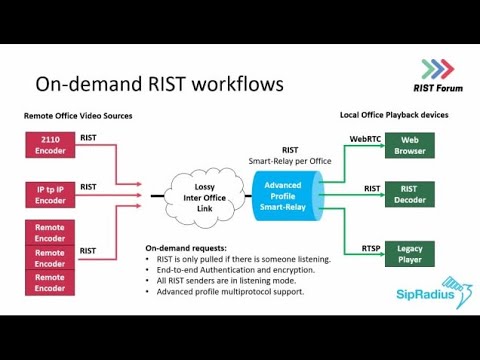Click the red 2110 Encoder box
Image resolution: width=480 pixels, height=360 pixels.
(50, 144)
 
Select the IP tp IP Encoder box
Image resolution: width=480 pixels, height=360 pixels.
(50, 193)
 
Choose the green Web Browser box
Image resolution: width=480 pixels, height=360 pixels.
(410, 146)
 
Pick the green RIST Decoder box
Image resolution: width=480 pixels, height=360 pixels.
(410, 194)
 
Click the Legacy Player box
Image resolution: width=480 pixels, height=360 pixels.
(410, 254)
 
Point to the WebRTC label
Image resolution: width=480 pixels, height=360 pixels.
(366, 138)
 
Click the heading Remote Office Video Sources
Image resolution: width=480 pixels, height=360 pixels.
(78, 116)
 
